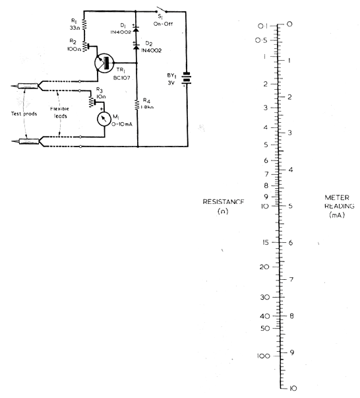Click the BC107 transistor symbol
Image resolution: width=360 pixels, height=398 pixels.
[x=104, y=63]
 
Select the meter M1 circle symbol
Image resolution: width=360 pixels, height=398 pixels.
[x=104, y=119]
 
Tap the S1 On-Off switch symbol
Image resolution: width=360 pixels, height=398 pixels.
[x=162, y=10]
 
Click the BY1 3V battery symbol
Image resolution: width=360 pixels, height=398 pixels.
[x=187, y=78]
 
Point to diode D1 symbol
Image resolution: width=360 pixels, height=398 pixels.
[x=136, y=28]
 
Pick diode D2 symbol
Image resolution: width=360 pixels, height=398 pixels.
[x=136, y=46]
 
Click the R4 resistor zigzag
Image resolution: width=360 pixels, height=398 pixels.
[x=137, y=104]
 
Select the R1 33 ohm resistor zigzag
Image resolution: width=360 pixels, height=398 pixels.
[x=84, y=24]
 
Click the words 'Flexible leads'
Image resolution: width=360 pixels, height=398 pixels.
[x=59, y=112]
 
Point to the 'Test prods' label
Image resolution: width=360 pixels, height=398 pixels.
[x=24, y=114]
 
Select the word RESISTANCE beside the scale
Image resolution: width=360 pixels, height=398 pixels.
[x=224, y=202]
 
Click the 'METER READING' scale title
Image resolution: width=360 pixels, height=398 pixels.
[x=340, y=201]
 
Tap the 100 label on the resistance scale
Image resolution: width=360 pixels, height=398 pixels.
[x=264, y=356]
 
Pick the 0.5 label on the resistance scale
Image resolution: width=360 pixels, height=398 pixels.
[x=261, y=40]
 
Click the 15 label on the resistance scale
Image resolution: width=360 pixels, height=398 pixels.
[x=265, y=242]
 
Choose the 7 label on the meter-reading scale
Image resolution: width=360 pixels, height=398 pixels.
[x=291, y=279]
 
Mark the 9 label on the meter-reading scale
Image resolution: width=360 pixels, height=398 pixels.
[x=292, y=352]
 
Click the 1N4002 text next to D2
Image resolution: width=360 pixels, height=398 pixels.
[x=152, y=51]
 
